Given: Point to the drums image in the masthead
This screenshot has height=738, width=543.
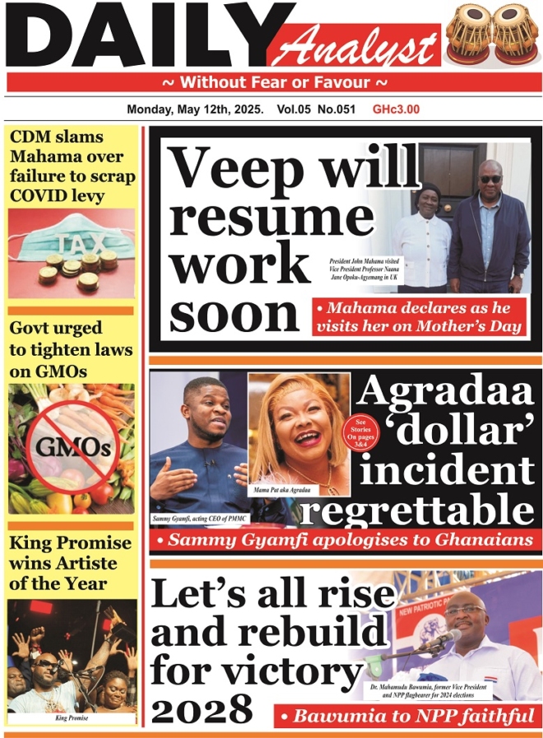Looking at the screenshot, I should tap(492, 35).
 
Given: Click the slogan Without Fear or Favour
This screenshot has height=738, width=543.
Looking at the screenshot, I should tap(274, 82).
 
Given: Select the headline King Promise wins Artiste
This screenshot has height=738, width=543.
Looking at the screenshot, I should tap(71, 563).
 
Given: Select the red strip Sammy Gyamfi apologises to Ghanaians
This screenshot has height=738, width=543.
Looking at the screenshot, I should tap(345, 540).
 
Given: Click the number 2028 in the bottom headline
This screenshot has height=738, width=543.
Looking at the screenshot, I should tap(202, 707).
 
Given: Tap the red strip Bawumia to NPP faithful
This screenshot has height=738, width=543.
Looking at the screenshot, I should tap(406, 715).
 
